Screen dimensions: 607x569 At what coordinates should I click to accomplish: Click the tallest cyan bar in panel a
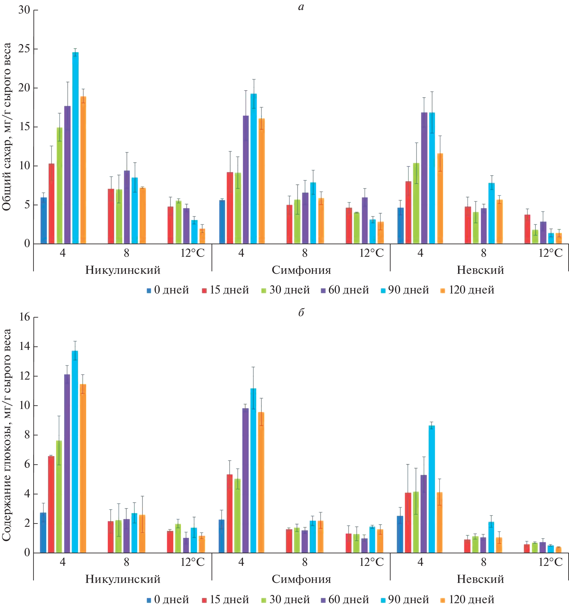pyautogui.click(x=75, y=148)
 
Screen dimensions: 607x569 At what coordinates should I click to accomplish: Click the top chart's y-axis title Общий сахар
pyautogui.click(x=7, y=127)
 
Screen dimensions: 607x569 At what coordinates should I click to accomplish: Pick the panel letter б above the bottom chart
pyautogui.click(x=301, y=312)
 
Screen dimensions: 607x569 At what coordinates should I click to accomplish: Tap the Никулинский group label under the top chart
pyautogui.click(x=123, y=270)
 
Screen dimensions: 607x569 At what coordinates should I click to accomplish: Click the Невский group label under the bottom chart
pyautogui.click(x=480, y=579)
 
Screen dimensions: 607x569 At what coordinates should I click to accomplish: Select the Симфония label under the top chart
pyautogui.click(x=301, y=270)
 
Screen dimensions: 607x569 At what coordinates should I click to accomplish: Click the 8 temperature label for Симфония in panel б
pyautogui.click(x=305, y=562)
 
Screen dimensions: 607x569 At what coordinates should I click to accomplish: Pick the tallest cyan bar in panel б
pyautogui.click(x=75, y=452)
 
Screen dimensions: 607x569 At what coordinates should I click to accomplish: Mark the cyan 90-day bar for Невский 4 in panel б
pyautogui.click(x=432, y=489)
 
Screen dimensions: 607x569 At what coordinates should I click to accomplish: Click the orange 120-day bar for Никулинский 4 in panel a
pyautogui.click(x=83, y=170)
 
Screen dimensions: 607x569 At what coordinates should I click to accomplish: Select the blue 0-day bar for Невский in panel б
pyautogui.click(x=400, y=534)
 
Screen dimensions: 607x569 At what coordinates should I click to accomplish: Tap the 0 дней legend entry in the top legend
pyautogui.click(x=168, y=290)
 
